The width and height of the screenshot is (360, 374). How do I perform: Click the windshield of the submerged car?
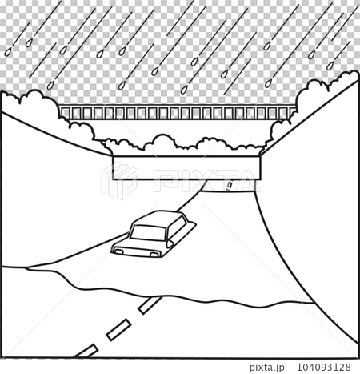[x=147, y=232]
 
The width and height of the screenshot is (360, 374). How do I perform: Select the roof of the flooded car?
[x=158, y=219]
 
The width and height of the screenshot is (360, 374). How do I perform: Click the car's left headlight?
[x=119, y=251]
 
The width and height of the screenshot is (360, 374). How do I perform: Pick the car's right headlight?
[x=154, y=255]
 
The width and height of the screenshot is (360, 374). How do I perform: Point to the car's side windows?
[x=177, y=227]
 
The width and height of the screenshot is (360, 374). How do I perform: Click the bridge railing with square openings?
[x=178, y=112]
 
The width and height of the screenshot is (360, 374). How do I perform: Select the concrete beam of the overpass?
[x=186, y=168]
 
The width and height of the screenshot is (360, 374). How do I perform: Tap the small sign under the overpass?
[x=230, y=185]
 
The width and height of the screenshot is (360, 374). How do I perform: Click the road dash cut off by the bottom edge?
[x=86, y=351]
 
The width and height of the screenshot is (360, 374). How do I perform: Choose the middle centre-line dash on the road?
[x=118, y=329]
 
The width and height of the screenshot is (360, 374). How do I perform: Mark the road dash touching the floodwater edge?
[x=150, y=305]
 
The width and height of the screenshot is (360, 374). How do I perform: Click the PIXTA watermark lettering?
[x=204, y=181]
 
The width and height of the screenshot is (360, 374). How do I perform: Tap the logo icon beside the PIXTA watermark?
[x=118, y=181]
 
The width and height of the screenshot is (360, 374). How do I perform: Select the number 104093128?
[x=324, y=367]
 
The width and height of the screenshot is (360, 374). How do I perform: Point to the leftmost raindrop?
[x=8, y=52]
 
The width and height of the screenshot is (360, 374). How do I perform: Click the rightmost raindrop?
[x=330, y=66]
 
